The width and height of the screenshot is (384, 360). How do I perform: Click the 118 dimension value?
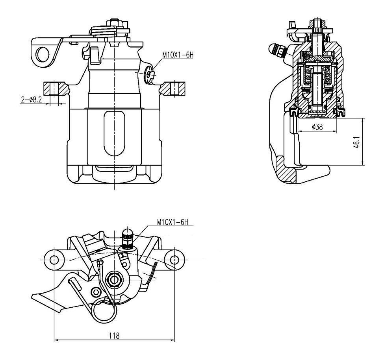tap(114, 336)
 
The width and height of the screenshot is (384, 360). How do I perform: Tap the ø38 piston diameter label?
tap(317, 127)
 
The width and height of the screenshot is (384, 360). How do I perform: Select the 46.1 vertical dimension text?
tap(357, 142)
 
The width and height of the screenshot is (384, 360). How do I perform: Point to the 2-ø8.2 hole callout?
tap(32, 100)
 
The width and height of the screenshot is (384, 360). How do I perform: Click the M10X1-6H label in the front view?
tap(178, 55)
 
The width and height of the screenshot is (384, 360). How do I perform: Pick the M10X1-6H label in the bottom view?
tap(173, 222)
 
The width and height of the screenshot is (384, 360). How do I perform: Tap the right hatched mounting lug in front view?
tap(173, 89)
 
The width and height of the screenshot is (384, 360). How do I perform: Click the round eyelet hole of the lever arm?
tap(43, 54)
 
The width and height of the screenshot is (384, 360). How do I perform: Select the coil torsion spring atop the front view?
tap(103, 32)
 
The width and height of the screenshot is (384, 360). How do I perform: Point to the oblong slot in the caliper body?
tap(114, 133)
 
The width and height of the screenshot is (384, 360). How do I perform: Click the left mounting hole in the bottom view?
tap(54, 259)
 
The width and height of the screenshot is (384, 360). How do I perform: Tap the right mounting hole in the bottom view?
tap(174, 259)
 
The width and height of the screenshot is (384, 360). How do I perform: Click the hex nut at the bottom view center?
tap(114, 279)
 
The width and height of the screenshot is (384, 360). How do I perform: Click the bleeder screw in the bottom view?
tap(127, 238)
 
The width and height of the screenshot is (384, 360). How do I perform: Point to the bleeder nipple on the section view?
tap(278, 50)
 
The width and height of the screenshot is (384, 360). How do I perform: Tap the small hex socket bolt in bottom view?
tap(95, 292)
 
